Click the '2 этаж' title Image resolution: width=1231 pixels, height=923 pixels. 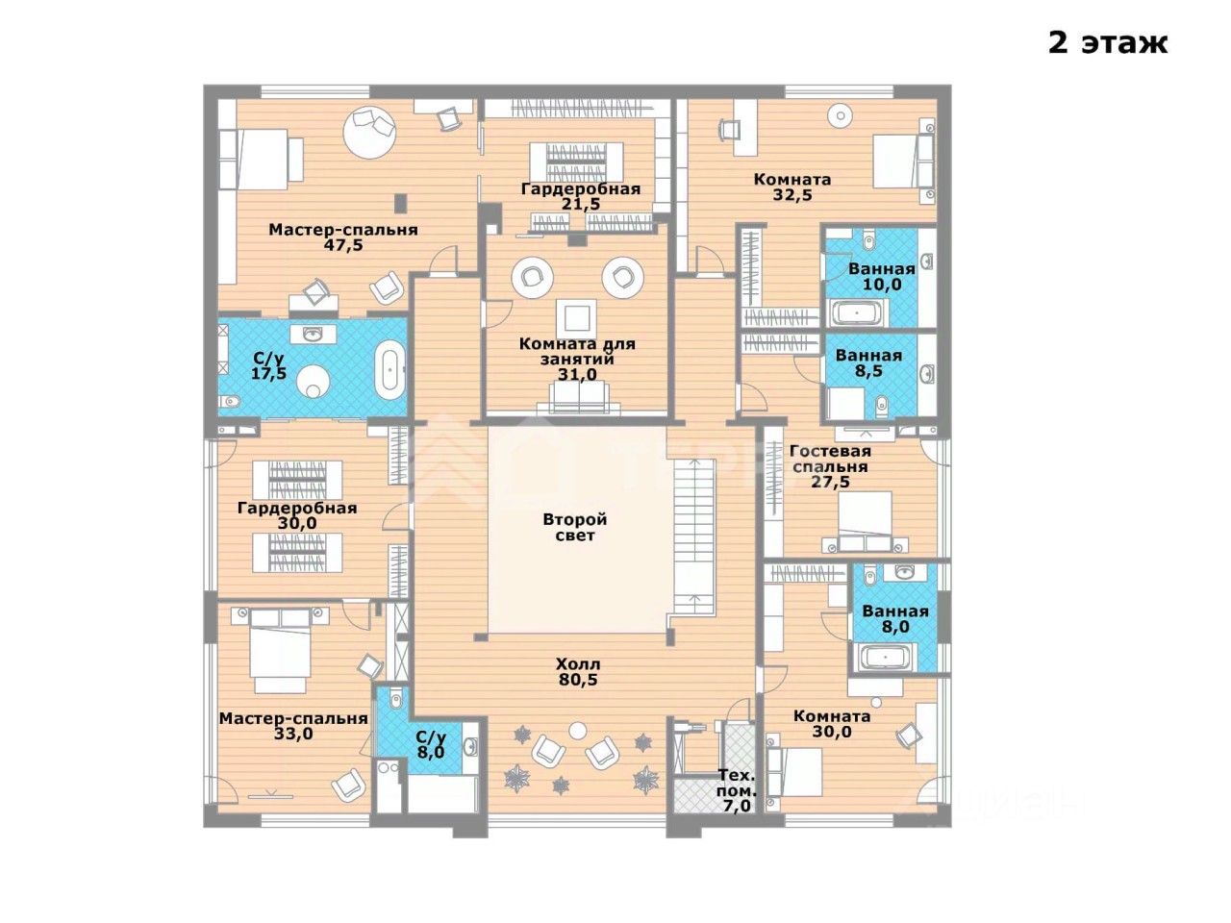(1108, 43)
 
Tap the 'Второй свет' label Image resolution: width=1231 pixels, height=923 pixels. (575, 527)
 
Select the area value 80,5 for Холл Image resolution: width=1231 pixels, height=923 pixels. (578, 680)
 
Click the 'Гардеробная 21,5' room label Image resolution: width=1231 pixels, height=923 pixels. (581, 196)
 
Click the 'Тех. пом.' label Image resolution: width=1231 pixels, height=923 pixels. (737, 784)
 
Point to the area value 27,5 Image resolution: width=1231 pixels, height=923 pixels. (830, 482)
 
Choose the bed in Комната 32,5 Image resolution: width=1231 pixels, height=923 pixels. (904, 162)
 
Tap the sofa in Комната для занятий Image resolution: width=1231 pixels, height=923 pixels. (578, 399)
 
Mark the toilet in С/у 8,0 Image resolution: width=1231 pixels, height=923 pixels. (395, 699)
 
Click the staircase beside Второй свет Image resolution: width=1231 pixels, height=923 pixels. (693, 536)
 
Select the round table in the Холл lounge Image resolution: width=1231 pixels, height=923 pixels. (577, 730)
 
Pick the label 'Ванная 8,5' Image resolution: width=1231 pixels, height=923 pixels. (868, 362)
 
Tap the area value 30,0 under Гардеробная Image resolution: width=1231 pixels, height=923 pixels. (297, 523)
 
